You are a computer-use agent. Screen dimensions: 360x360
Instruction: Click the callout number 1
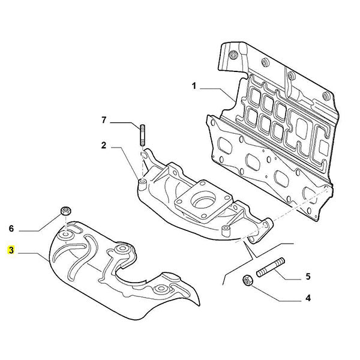tap(194, 87)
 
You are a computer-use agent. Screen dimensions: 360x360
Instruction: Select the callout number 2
tap(104, 145)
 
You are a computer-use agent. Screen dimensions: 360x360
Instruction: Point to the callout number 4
tap(308, 298)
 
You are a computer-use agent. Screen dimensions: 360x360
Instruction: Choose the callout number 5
tap(308, 277)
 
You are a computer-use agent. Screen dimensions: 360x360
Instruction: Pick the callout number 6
tap(11, 229)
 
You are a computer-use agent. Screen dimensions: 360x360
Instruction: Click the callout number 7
tap(104, 121)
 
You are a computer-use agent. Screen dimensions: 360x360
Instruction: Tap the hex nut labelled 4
tap(246, 280)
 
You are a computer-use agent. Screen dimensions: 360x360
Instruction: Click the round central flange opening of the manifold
tap(204, 197)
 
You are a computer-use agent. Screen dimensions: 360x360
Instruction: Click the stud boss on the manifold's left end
tap(143, 182)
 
